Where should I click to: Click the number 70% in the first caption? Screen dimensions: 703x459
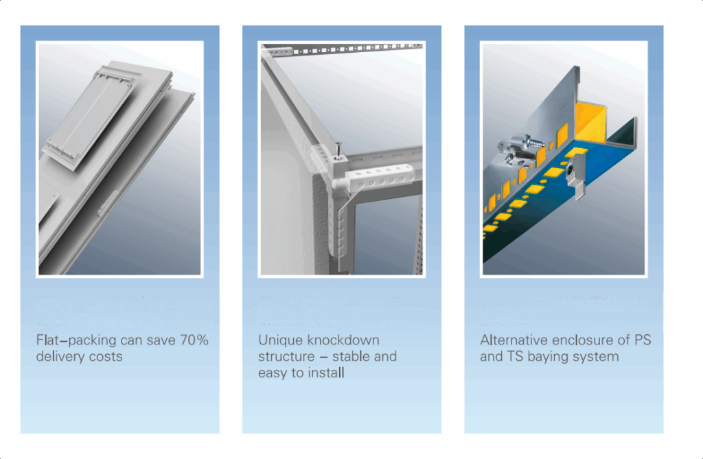(194, 340)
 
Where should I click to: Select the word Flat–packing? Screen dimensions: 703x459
(76, 341)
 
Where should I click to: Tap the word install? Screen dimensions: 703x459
(326, 373)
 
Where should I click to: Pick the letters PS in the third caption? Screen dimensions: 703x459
(643, 340)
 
